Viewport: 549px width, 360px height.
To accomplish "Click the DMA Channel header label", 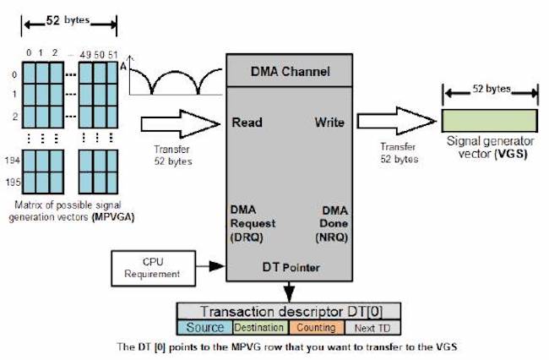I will click(x=287, y=71).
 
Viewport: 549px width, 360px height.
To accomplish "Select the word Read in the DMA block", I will click(x=248, y=123).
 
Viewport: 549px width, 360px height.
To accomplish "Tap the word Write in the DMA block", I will click(x=329, y=123).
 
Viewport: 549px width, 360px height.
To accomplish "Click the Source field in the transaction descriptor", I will click(x=205, y=327).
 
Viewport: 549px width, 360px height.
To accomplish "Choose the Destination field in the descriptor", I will click(x=259, y=327).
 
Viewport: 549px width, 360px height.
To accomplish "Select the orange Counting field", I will click(x=315, y=327).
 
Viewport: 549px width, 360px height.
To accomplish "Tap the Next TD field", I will click(x=372, y=327).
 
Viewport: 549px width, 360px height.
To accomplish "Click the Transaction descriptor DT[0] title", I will click(x=288, y=310).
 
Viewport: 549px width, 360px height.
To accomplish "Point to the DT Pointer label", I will click(x=288, y=267).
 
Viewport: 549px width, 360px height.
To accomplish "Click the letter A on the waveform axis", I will click(x=123, y=65).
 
